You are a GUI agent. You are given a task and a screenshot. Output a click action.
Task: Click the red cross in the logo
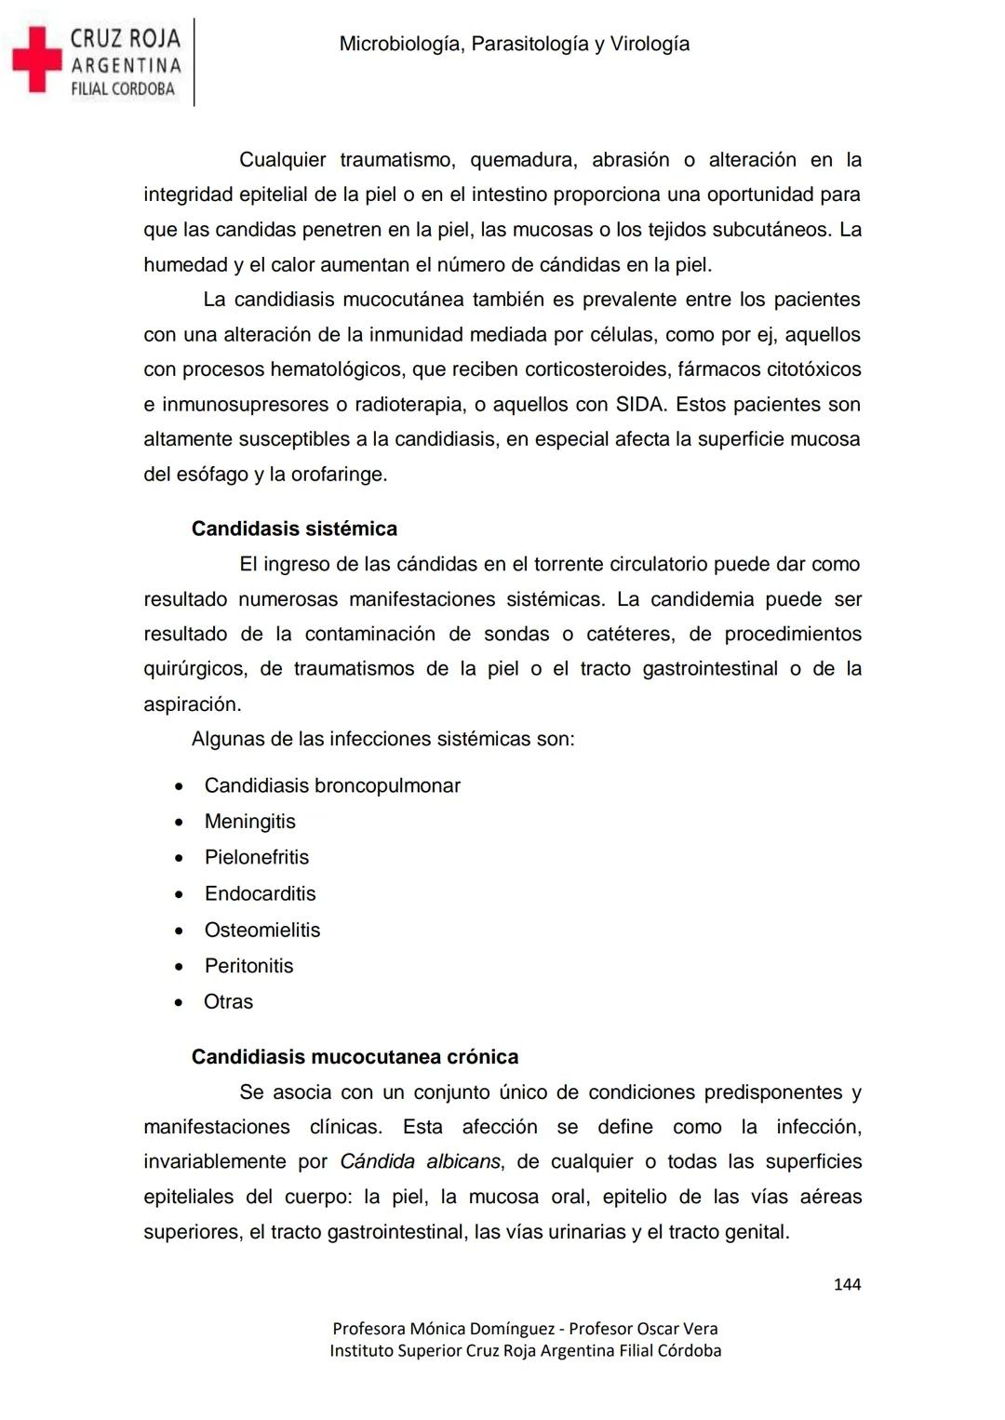(x=35, y=60)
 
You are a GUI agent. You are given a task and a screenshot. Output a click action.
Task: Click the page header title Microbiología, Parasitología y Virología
(x=514, y=44)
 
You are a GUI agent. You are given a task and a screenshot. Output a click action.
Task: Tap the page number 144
(x=847, y=1284)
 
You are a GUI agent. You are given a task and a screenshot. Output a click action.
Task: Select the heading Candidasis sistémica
(x=294, y=529)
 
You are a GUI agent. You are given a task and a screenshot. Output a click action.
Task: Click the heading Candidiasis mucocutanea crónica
(x=355, y=1057)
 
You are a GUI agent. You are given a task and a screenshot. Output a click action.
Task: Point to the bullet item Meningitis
(x=249, y=822)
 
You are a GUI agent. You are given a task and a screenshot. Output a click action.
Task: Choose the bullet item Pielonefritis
(x=256, y=857)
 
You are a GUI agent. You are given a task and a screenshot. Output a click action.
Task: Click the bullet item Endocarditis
(x=260, y=893)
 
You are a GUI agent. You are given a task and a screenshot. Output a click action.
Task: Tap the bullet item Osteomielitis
(x=261, y=930)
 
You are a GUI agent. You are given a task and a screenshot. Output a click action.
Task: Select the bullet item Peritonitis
(x=248, y=966)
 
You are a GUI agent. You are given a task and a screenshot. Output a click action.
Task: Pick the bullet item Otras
(x=228, y=1002)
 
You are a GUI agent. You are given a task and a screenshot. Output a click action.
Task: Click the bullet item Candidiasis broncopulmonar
(x=332, y=785)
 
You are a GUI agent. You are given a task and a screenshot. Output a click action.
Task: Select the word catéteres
(x=629, y=634)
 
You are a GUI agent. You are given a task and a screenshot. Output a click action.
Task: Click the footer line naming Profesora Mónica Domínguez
(x=525, y=1329)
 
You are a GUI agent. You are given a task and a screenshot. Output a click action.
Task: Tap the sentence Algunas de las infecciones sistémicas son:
(x=382, y=739)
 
